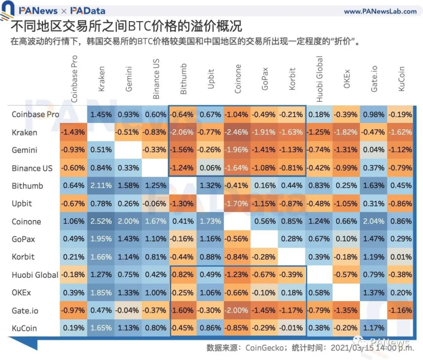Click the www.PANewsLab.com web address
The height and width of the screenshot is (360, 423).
pyautogui.click(x=380, y=11)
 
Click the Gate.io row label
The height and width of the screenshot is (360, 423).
pyautogui.click(x=25, y=311)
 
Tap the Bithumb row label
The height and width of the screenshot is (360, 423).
pyautogui.click(x=27, y=186)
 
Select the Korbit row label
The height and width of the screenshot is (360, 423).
pyautogui.click(x=23, y=257)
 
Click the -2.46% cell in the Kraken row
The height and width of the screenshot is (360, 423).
pyautogui.click(x=237, y=132)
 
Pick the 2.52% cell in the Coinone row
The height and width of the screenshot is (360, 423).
pyautogui.click(x=101, y=222)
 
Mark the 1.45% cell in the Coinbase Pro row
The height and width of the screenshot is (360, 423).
pyautogui.click(x=101, y=114)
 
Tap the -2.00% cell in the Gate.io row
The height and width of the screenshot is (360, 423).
pyautogui.click(x=237, y=311)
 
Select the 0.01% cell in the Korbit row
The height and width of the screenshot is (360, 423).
pyautogui.click(x=400, y=257)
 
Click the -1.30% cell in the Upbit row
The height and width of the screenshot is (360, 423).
pyautogui.click(x=183, y=204)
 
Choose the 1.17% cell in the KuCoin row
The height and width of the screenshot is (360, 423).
pyautogui.click(x=373, y=329)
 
